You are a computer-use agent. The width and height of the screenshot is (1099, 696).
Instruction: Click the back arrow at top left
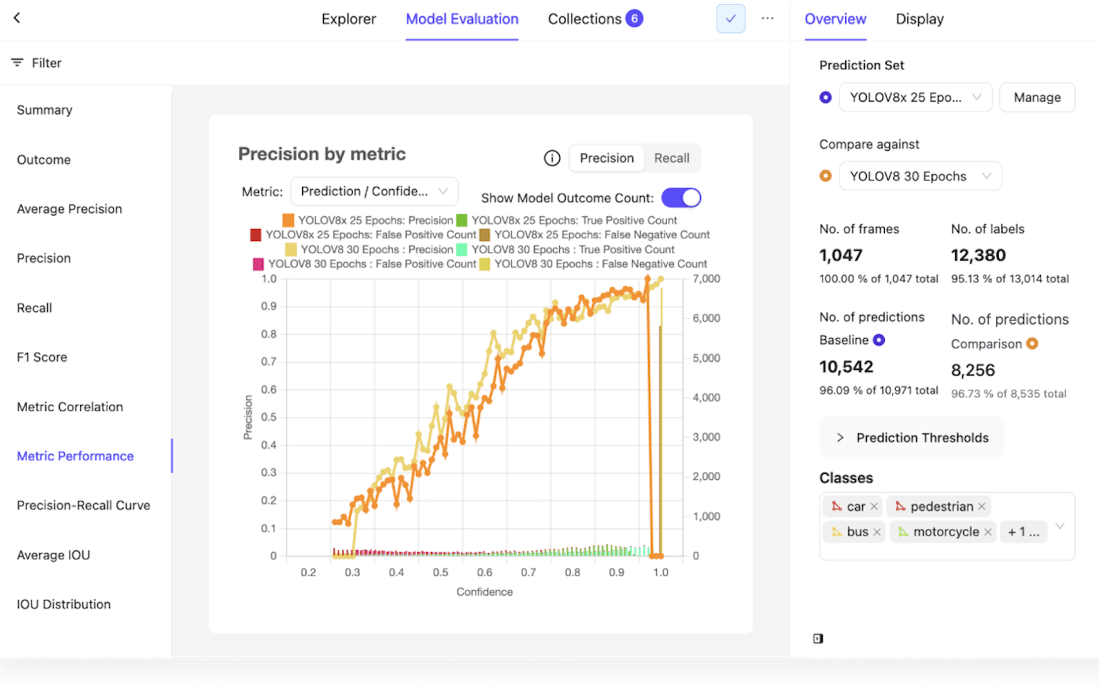tap(17, 18)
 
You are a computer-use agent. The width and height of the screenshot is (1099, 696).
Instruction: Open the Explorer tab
tap(348, 19)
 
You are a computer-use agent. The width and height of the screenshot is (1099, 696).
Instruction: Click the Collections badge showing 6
tap(634, 19)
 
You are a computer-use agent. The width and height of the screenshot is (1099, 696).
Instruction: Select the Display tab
tap(919, 19)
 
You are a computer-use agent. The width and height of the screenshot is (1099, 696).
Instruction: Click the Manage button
tap(1037, 98)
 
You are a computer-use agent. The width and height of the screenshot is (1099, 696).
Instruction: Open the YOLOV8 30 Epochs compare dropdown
tap(920, 176)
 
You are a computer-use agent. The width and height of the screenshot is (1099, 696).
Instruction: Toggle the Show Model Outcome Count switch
tap(681, 198)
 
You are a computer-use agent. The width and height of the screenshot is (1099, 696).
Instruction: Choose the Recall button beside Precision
tap(671, 159)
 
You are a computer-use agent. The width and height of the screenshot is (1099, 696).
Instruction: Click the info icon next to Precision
tap(552, 159)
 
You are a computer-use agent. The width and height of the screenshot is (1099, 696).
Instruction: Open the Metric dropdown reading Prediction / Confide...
tap(374, 192)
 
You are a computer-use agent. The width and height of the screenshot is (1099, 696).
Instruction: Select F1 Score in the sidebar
tap(42, 357)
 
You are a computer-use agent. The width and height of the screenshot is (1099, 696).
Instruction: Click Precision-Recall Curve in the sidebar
tap(83, 506)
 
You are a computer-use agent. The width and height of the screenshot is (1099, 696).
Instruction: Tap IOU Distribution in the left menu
tap(63, 605)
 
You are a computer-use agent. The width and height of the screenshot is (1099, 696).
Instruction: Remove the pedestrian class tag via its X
tap(982, 506)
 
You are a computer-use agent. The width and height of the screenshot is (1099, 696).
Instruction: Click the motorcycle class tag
tap(945, 532)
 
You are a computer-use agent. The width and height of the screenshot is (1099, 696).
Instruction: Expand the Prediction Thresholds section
tap(911, 438)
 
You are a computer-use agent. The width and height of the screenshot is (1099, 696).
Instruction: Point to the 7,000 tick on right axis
tap(706, 279)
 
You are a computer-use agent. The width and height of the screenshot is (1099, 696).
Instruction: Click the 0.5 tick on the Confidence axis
tap(441, 573)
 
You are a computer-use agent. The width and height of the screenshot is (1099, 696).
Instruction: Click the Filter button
tap(37, 63)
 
